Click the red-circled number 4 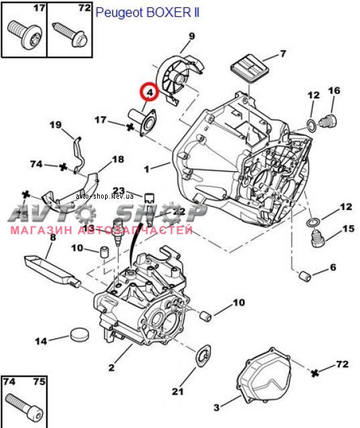coord(150,92)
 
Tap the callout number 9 coord(192,36)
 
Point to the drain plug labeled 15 coord(317,238)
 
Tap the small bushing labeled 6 coord(305,276)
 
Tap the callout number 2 coord(111,367)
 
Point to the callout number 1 coord(147,169)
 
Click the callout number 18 coord(118,159)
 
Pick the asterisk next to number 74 coord(64,167)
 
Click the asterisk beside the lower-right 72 coord(315,373)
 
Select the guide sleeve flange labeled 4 coord(142,122)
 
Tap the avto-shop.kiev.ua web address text coord(105,196)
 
